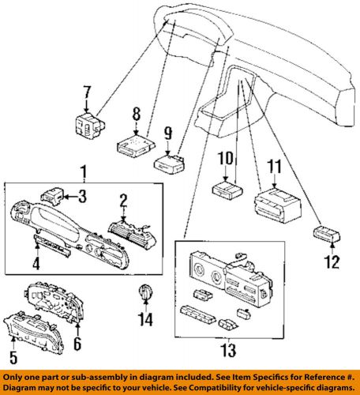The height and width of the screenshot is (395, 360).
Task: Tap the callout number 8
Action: pyautogui.click(x=136, y=112)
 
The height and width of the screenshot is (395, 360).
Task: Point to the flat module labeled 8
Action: pyautogui.click(x=131, y=145)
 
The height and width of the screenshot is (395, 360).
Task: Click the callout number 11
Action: pyautogui.click(x=275, y=167)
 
